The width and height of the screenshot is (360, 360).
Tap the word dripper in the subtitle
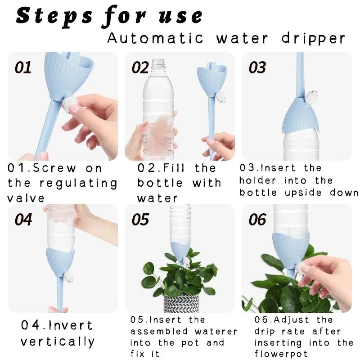313,38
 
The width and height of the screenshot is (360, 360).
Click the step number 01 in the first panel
23,67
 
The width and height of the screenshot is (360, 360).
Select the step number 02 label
140,67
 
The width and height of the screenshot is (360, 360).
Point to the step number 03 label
257,67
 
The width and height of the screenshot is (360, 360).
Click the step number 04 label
23,220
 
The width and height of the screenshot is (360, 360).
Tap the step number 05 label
140,220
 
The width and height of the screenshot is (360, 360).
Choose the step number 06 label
257,220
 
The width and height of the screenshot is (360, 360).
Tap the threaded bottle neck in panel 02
159,63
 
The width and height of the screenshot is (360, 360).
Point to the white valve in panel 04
69,277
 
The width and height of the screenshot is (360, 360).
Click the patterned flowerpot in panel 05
181,302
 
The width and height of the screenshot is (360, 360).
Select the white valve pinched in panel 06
300,268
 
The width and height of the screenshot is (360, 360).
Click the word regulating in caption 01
78,184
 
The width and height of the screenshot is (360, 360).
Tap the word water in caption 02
157,198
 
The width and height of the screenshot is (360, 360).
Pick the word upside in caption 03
303,193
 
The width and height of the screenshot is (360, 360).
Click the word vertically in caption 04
58,342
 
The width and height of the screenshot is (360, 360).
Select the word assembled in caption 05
159,332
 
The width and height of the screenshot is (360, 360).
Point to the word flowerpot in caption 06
281,354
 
